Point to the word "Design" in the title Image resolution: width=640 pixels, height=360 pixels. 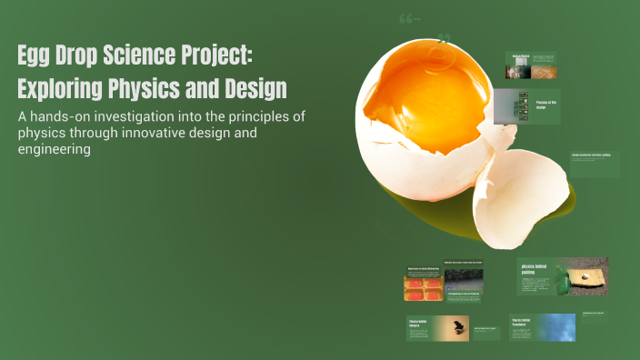pos(255,90)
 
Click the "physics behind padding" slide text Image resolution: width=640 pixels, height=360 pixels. pos(535,270)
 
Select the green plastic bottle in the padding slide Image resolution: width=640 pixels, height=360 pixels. pos(564,283)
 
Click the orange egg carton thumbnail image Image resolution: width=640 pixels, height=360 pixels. pos(423,288)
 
